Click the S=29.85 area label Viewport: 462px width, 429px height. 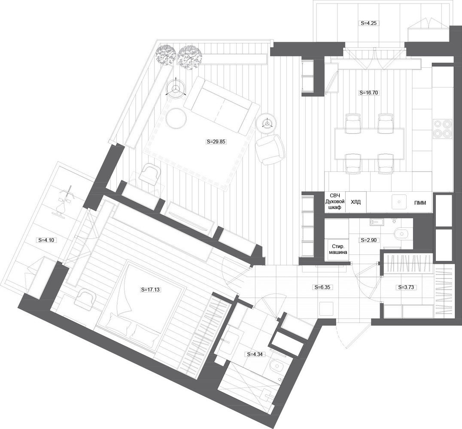[x=216, y=142]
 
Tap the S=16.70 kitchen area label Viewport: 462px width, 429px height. [x=368, y=93]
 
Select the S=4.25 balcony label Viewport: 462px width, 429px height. [x=368, y=23]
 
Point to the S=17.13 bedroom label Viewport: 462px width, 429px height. [x=150, y=290]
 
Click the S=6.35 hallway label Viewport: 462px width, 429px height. [x=323, y=287]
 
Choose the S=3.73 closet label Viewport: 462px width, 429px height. [x=407, y=287]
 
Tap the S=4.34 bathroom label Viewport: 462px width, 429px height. [x=255, y=354]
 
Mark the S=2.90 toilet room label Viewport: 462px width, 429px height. [x=369, y=240]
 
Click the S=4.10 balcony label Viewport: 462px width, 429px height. [x=46, y=240]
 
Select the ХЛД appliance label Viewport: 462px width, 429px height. [x=356, y=202]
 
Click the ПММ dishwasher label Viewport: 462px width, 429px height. [x=420, y=202]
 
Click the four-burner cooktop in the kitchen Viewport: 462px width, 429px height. [x=443, y=128]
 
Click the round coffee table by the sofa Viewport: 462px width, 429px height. [x=176, y=118]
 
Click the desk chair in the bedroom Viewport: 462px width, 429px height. [x=85, y=299]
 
